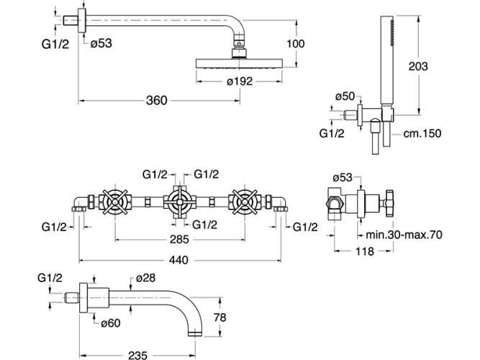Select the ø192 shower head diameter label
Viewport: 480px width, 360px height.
click(x=240, y=82)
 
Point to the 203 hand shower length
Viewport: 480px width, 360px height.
click(x=417, y=66)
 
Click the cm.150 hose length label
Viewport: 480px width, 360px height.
click(x=422, y=133)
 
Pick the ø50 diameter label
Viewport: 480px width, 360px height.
click(x=344, y=96)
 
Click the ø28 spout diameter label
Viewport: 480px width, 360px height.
click(x=146, y=277)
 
